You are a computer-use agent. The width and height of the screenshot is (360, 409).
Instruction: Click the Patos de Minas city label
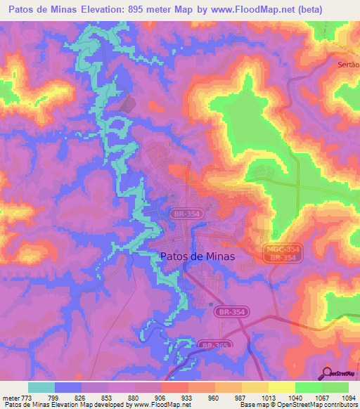[x=193, y=257]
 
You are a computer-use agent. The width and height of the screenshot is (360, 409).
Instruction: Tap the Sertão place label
[x=344, y=64]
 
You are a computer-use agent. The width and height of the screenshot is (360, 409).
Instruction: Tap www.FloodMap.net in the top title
[x=257, y=9]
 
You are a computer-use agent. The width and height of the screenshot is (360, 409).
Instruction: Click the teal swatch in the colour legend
[x=41, y=387]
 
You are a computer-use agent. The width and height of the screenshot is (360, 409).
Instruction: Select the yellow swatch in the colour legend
[x=281, y=387]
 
